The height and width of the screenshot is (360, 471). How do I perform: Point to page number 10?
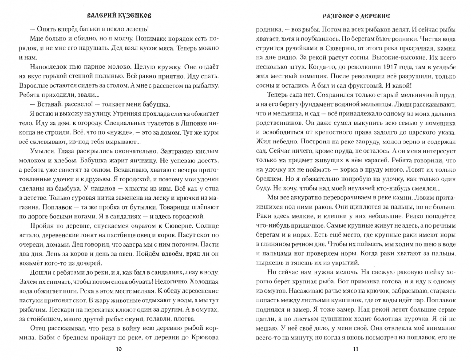(x=119, y=349)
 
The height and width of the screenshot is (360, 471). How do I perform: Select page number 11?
(x=356, y=349)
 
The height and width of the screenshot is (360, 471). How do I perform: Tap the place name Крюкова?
(x=205, y=337)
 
